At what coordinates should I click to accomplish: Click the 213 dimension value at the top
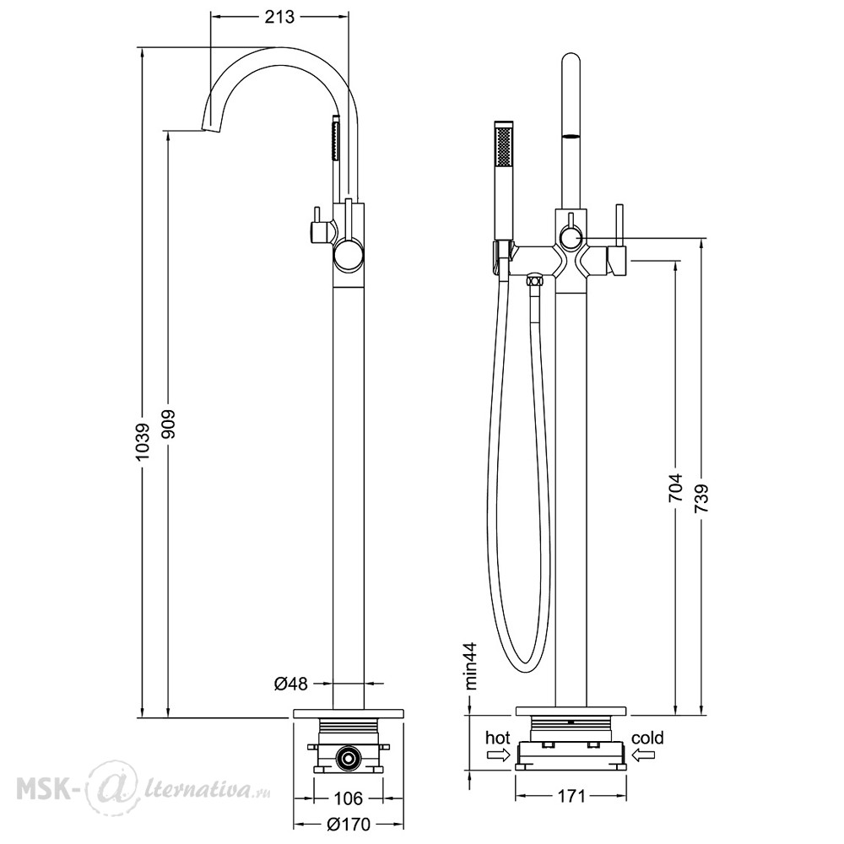point(280,17)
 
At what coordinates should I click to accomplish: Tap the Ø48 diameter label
point(290,684)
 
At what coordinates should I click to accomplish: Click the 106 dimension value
point(348,798)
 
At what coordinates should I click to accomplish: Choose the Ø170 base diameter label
point(349,824)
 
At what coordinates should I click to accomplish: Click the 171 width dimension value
point(571,796)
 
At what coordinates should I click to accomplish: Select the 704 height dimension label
point(675,488)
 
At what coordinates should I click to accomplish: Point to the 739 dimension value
point(701,500)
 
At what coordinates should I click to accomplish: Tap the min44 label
point(471,666)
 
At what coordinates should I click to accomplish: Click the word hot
point(497,738)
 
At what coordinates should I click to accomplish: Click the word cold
point(647,738)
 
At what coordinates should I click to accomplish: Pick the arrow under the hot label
point(498,755)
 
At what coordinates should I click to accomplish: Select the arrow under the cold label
point(643,755)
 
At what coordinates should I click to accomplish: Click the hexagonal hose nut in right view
point(533,280)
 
